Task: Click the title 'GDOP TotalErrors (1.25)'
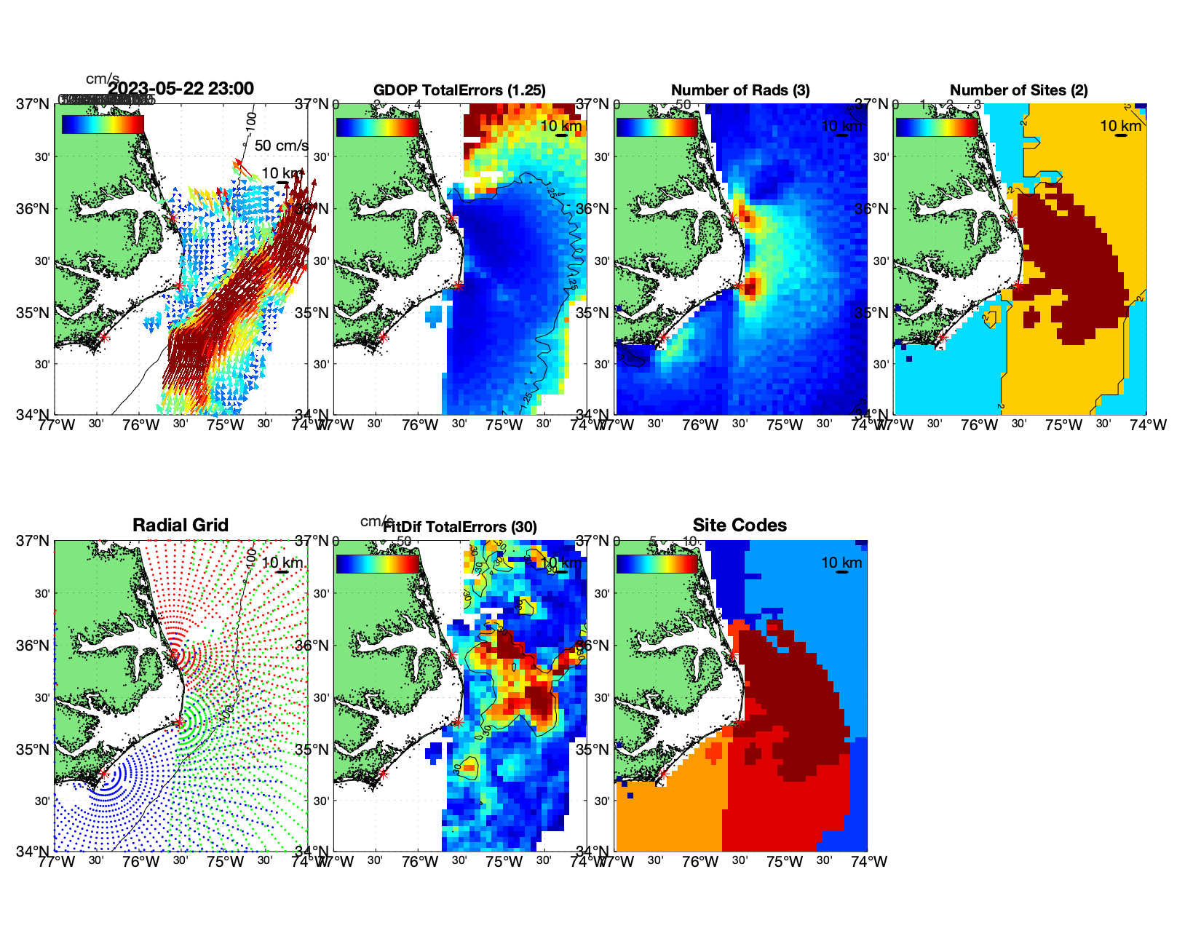pos(459,90)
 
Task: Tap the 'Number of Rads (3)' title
pos(740,90)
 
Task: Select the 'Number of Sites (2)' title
pos(1018,90)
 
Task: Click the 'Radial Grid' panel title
pos(181,526)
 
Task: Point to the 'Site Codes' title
pos(740,526)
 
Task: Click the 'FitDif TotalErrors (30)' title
pos(460,527)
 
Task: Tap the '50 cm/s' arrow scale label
pos(281,146)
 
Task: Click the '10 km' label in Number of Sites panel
pos(1120,127)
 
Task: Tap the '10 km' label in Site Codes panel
pos(841,563)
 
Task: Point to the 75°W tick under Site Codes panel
pos(785,862)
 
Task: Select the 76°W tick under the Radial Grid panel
pos(140,862)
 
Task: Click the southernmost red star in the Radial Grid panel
pos(104,774)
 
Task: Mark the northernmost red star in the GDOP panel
pos(451,218)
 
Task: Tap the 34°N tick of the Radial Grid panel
pos(33,851)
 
